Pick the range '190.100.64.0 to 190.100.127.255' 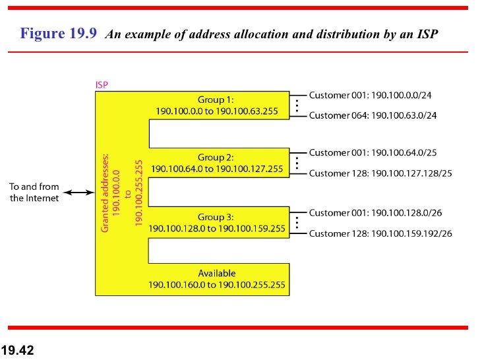point(217,169)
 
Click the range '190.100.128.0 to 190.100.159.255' point(217,228)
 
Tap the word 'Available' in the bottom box point(216,273)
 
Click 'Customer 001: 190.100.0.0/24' point(371,95)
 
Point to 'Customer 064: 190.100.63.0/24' point(373,115)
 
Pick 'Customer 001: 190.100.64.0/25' point(373,153)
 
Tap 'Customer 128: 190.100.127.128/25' point(380,173)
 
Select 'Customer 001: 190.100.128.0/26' point(375,213)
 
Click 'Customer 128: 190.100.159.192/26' point(380,233)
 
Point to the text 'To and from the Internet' point(34,193)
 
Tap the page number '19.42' point(18,350)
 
